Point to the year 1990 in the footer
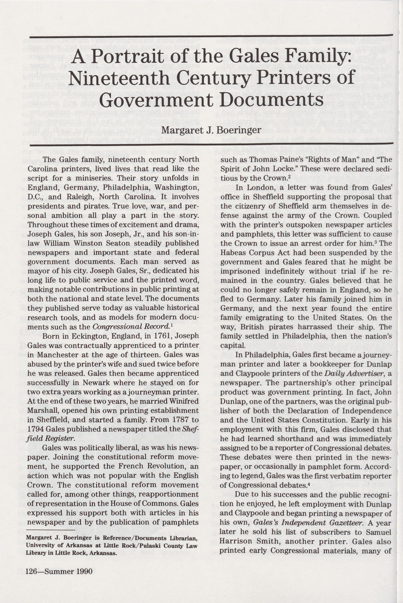point(83,578)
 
